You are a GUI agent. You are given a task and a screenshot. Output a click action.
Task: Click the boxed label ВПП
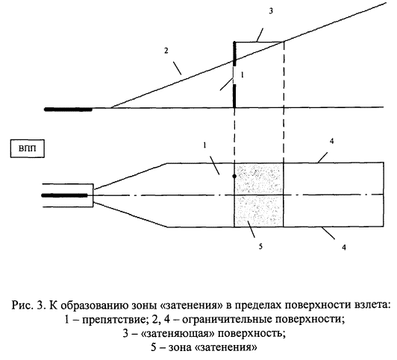point(28,148)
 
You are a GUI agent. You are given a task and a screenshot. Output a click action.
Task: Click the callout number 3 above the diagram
point(271,11)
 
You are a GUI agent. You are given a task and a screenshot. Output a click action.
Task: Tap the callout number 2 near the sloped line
point(166,51)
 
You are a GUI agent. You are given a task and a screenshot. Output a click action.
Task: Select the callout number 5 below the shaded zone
point(260,246)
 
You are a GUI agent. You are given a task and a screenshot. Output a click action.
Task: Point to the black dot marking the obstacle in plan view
point(234,176)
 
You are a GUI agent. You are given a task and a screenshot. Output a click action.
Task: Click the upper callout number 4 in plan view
point(331,142)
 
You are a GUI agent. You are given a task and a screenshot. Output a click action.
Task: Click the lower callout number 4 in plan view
point(344,247)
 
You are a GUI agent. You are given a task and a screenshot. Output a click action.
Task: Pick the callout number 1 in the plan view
point(204,145)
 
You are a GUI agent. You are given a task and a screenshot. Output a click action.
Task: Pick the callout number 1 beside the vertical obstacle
point(243,75)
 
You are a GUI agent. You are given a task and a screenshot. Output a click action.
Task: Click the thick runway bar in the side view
point(68,110)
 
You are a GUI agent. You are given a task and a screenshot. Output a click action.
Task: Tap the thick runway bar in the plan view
point(64,195)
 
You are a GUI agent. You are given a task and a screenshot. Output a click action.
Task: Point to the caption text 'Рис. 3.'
point(28,305)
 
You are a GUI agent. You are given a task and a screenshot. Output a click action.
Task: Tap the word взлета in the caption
point(371,305)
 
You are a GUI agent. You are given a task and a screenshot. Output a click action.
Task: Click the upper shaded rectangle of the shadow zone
point(259,179)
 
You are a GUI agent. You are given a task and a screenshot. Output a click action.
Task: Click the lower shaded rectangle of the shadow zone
point(259,211)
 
